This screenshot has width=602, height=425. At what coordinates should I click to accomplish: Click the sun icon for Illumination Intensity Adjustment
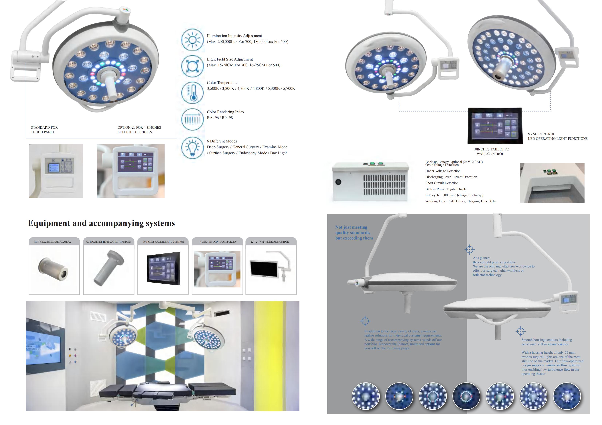pyautogui.click(x=192, y=40)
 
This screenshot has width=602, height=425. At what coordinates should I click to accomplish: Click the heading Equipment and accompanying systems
pyautogui.click(x=101, y=223)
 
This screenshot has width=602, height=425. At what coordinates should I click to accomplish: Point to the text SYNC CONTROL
pyautogui.click(x=541, y=134)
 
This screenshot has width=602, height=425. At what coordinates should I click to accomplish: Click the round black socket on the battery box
pyautogui.click(x=338, y=182)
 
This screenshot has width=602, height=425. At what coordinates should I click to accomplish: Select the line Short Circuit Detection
pyautogui.click(x=442, y=183)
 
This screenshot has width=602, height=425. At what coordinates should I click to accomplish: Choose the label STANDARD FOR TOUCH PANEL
pyautogui.click(x=44, y=130)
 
